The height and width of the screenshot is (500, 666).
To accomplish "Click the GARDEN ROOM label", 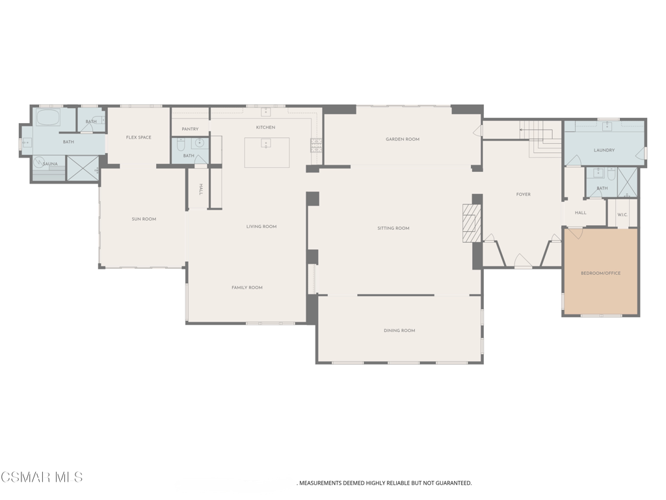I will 403,139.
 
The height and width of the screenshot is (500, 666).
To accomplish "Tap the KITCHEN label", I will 265,128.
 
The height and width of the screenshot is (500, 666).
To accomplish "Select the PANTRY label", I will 190,130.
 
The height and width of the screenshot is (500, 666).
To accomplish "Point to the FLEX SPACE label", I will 139,137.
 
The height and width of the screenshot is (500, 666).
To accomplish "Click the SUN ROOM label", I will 144,219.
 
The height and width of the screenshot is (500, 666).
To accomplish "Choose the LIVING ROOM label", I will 261,227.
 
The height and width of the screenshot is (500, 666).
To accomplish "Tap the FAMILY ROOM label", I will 247,288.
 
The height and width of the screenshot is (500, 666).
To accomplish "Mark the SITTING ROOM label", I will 393,229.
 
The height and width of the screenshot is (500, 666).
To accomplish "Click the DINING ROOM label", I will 399,331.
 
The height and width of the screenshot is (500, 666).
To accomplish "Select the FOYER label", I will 524,195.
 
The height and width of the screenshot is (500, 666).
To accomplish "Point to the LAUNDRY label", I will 604,150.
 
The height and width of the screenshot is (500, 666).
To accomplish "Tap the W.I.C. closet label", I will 622,214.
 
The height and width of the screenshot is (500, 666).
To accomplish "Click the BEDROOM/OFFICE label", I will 600,273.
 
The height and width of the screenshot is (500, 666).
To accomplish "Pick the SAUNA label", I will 50,164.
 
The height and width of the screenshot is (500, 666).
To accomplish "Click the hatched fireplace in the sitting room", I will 472,223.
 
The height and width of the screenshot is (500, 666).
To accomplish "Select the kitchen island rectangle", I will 267,152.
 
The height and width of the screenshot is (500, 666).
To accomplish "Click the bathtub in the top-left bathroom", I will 47,118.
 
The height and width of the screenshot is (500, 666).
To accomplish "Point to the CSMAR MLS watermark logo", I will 42,478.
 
